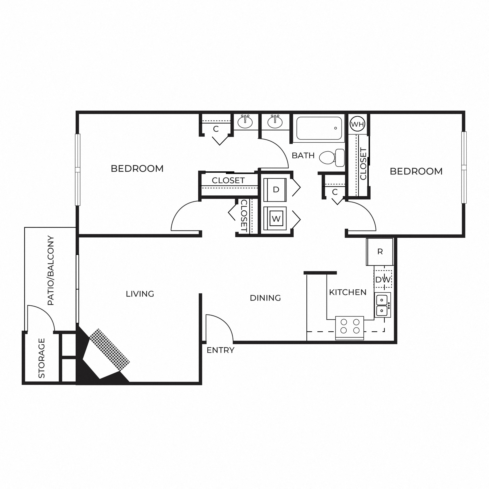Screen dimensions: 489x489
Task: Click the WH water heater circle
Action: click(x=358, y=124)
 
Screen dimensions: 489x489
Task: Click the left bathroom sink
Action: click(x=245, y=122)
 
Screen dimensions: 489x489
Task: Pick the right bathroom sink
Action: click(x=275, y=122)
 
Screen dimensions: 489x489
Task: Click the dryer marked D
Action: click(x=275, y=190)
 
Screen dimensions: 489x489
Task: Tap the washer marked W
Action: click(x=275, y=219)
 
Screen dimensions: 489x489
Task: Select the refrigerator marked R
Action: click(x=380, y=252)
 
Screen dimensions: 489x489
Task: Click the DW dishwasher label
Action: click(x=383, y=280)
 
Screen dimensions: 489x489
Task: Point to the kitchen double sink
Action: click(x=383, y=305)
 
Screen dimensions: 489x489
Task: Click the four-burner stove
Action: click(x=350, y=328)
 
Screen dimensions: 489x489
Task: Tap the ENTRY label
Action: click(x=220, y=350)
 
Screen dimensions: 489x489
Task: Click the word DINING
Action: click(x=265, y=298)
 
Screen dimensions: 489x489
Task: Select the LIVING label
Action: click(x=140, y=294)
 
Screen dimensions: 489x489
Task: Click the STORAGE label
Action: click(x=42, y=358)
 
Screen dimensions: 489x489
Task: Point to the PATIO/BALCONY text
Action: click(x=51, y=271)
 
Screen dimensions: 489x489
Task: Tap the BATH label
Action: click(x=303, y=155)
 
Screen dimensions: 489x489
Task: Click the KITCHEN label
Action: click(x=348, y=292)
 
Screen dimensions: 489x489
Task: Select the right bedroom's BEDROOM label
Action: click(x=416, y=171)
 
